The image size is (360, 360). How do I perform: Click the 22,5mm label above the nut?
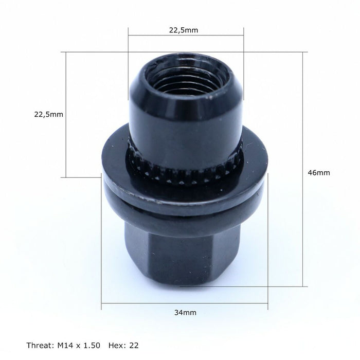tap(184, 30)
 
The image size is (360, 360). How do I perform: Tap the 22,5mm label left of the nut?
tap(48, 114)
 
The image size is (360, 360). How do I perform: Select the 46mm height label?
tap(319, 173)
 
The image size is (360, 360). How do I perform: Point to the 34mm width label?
tap(185, 313)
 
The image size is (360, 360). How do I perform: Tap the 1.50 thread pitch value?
tap(92, 345)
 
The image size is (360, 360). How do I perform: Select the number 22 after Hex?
tap(134, 345)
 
